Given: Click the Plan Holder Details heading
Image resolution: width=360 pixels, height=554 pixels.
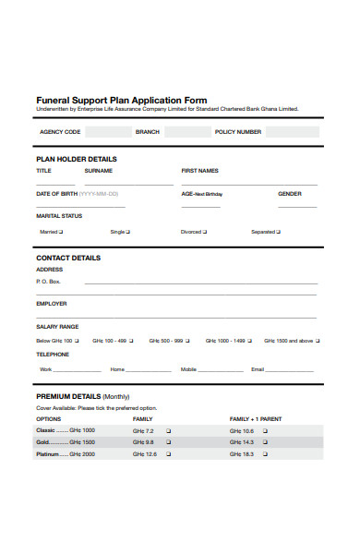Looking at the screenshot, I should coord(76,159).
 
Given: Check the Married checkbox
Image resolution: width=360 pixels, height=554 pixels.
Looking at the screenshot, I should coord(65,232).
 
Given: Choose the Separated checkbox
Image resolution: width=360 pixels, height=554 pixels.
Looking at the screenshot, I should coord(280,232).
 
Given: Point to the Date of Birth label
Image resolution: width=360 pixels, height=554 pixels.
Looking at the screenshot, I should coord(56,194).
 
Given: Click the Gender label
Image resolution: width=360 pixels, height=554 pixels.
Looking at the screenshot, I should coord(290,194).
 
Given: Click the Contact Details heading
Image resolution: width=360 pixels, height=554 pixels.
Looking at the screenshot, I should coord(68,258).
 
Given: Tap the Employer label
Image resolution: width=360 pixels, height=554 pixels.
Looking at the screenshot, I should coord(51,303).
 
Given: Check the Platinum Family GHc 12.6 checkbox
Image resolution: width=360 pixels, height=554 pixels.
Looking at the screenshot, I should coord(168,454).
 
